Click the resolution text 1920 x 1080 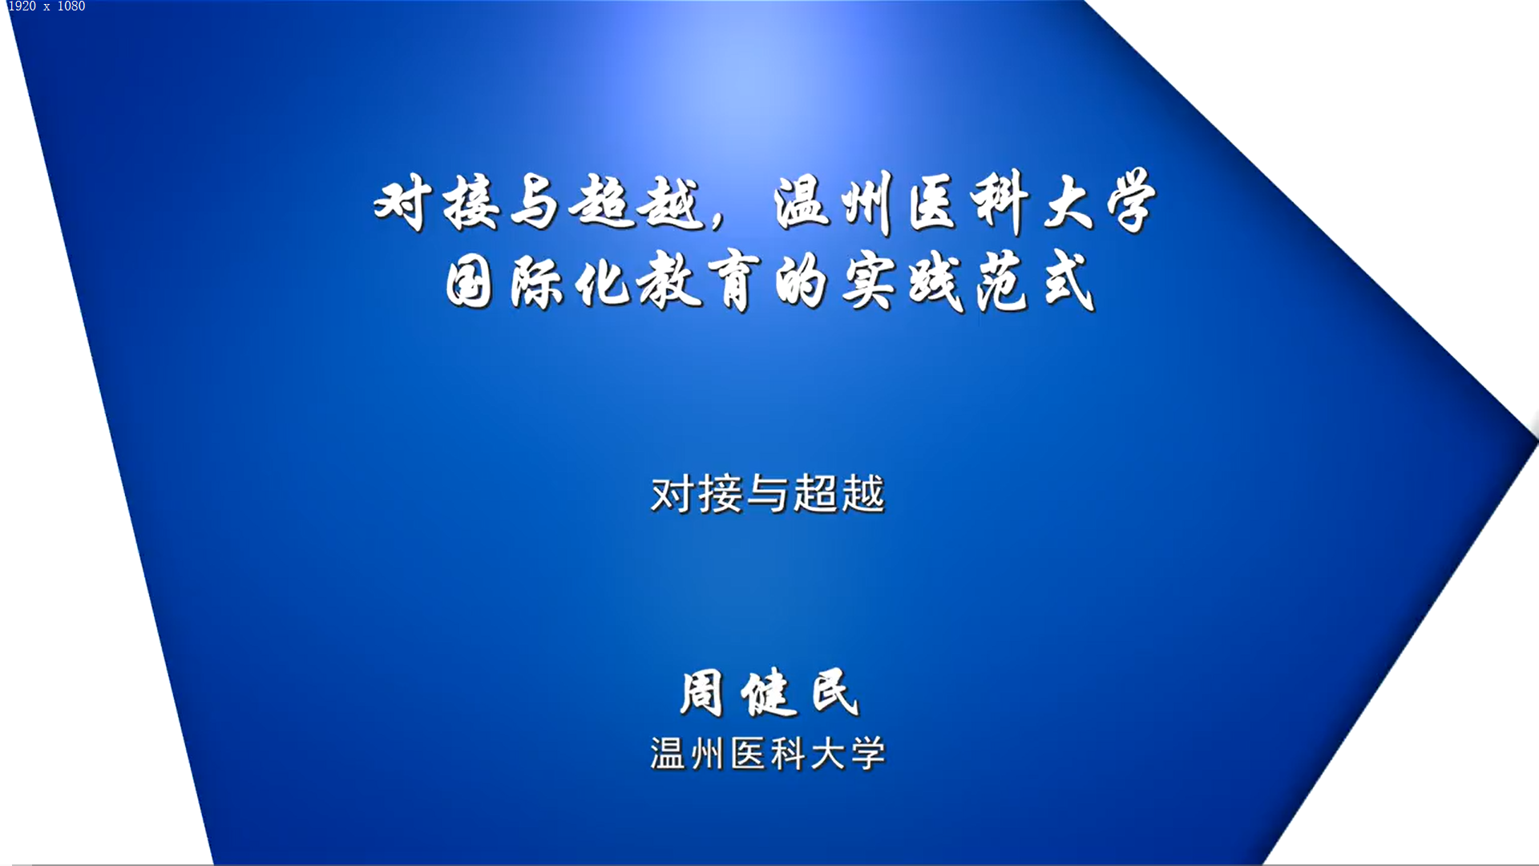(46, 6)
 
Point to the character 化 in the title (603, 280)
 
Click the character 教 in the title (670, 280)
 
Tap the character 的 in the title (801, 281)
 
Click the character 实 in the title (869, 281)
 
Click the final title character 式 (1069, 280)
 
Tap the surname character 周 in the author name (702, 693)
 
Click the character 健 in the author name (769, 693)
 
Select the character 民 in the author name (835, 691)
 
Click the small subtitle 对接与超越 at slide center (768, 493)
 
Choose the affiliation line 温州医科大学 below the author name (768, 754)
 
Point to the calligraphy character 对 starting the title (404, 202)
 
